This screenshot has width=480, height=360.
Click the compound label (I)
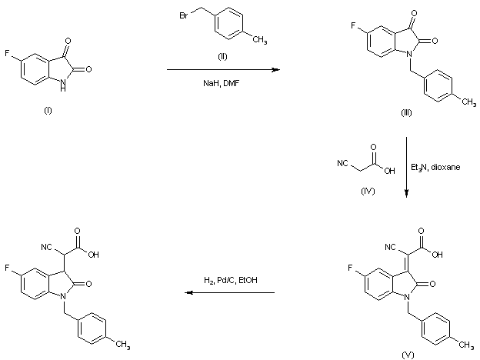coord(47,112)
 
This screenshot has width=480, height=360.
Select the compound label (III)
coord(407,112)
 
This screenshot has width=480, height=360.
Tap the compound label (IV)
coord(367,191)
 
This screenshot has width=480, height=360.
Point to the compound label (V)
coord(407,355)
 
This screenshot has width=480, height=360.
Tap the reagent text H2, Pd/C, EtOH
coord(230,279)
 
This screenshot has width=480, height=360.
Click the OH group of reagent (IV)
coord(389,170)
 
